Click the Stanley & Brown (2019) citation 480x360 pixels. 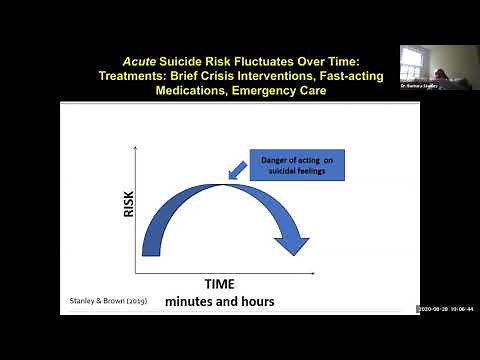tap(102, 300)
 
